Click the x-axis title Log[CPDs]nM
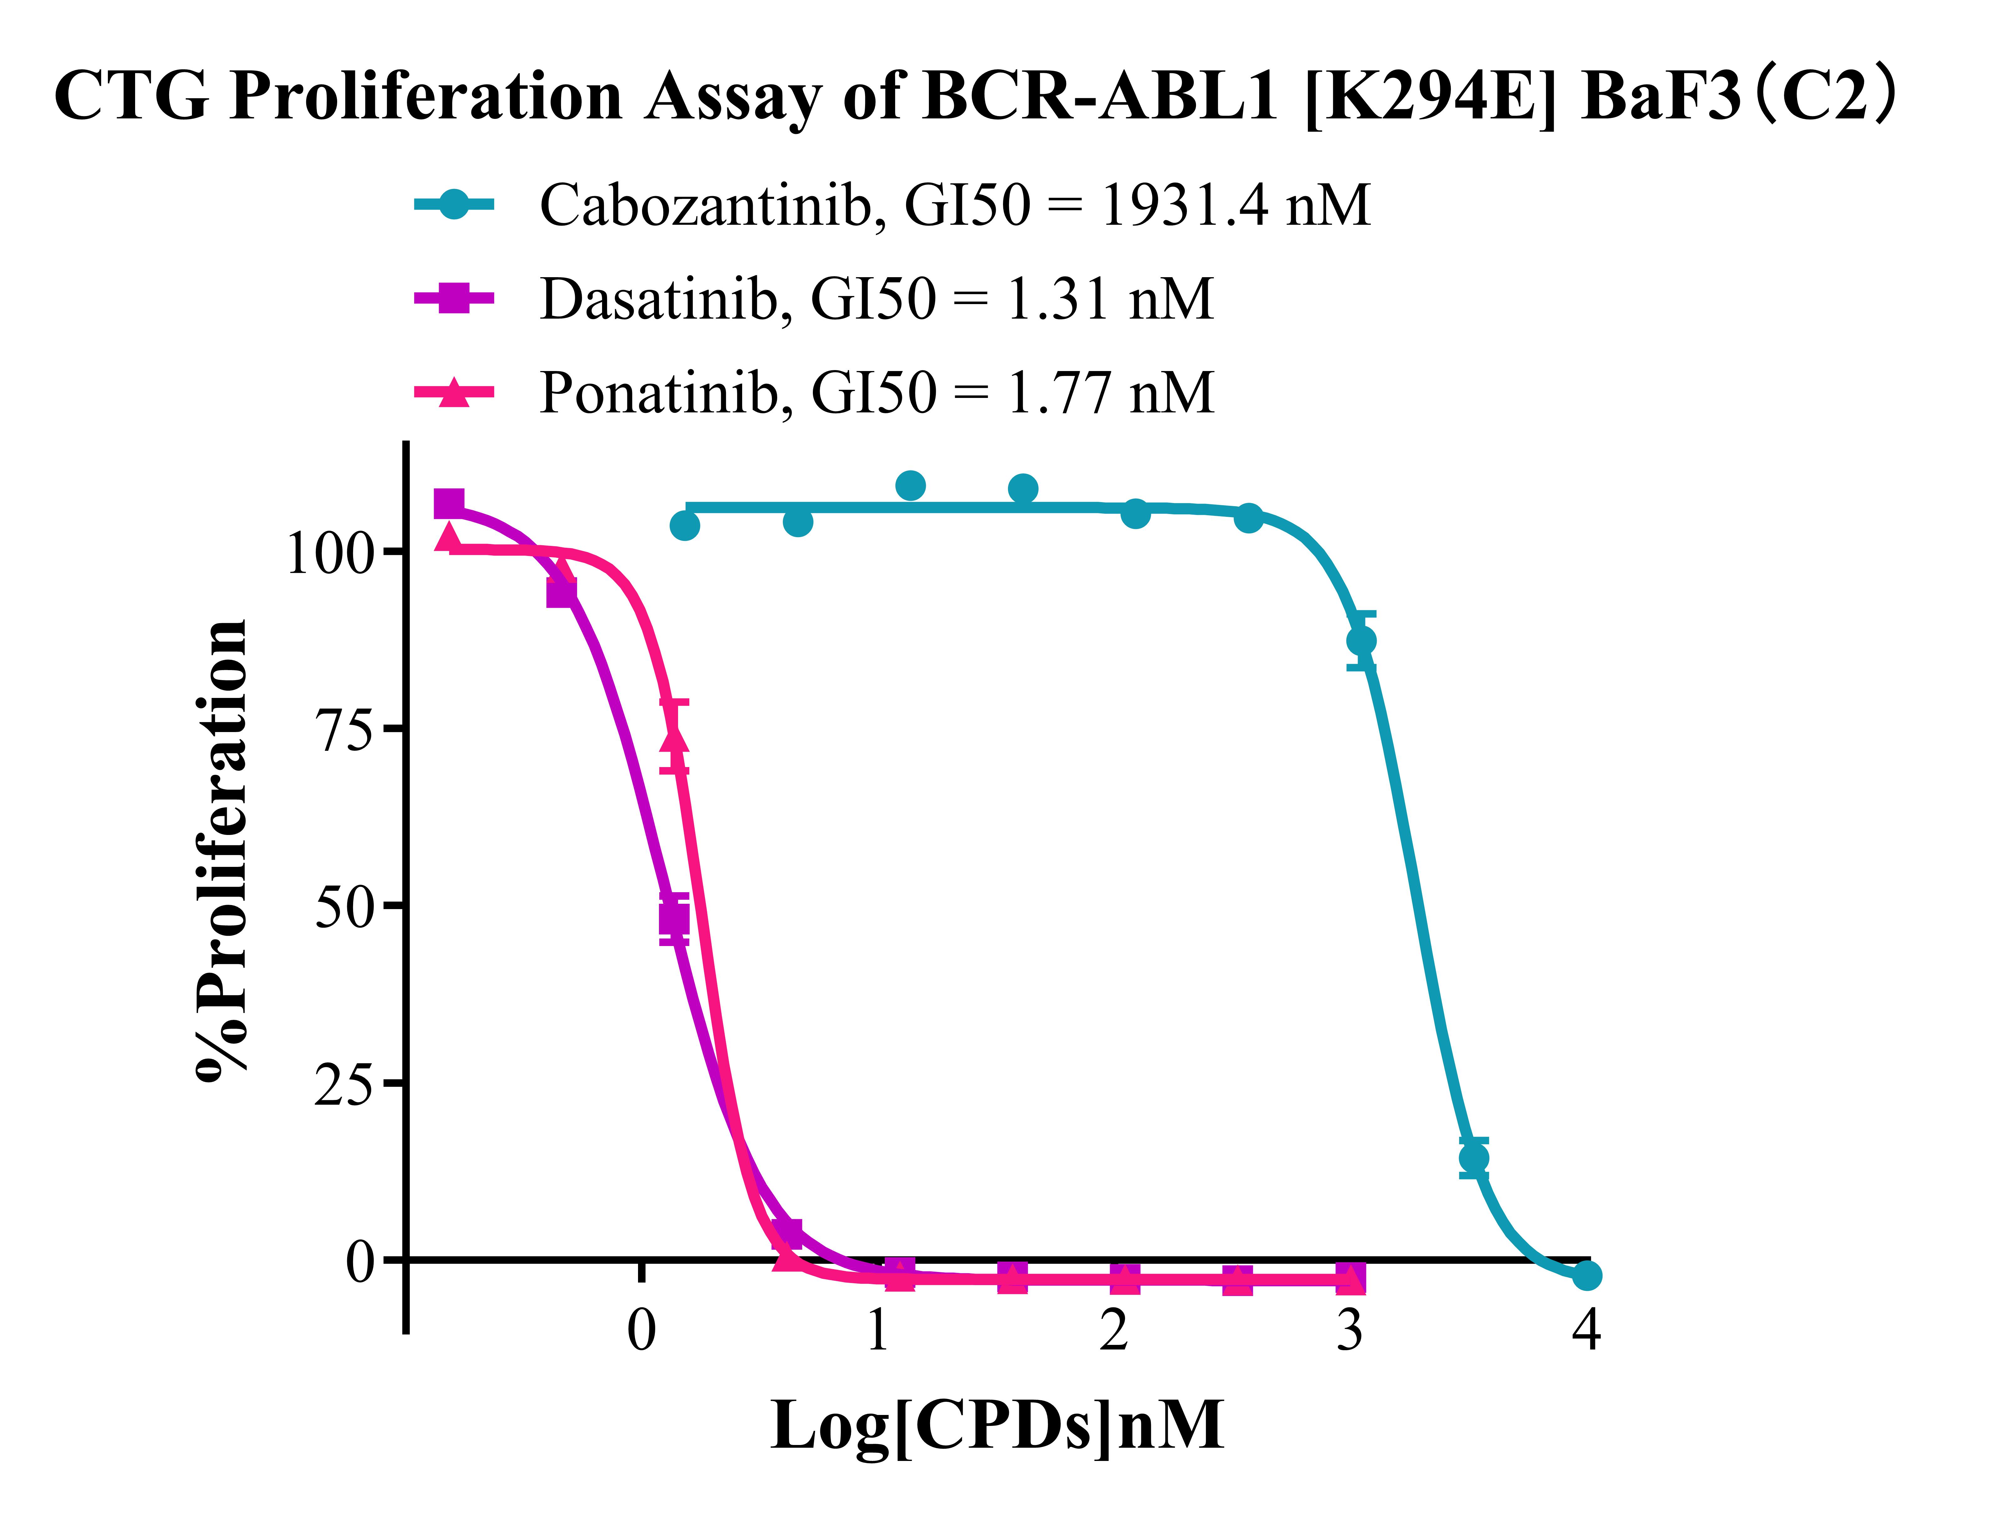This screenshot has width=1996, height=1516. (997, 1426)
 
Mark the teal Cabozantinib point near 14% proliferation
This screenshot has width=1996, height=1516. (1473, 1158)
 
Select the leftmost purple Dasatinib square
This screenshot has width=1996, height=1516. (448, 504)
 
